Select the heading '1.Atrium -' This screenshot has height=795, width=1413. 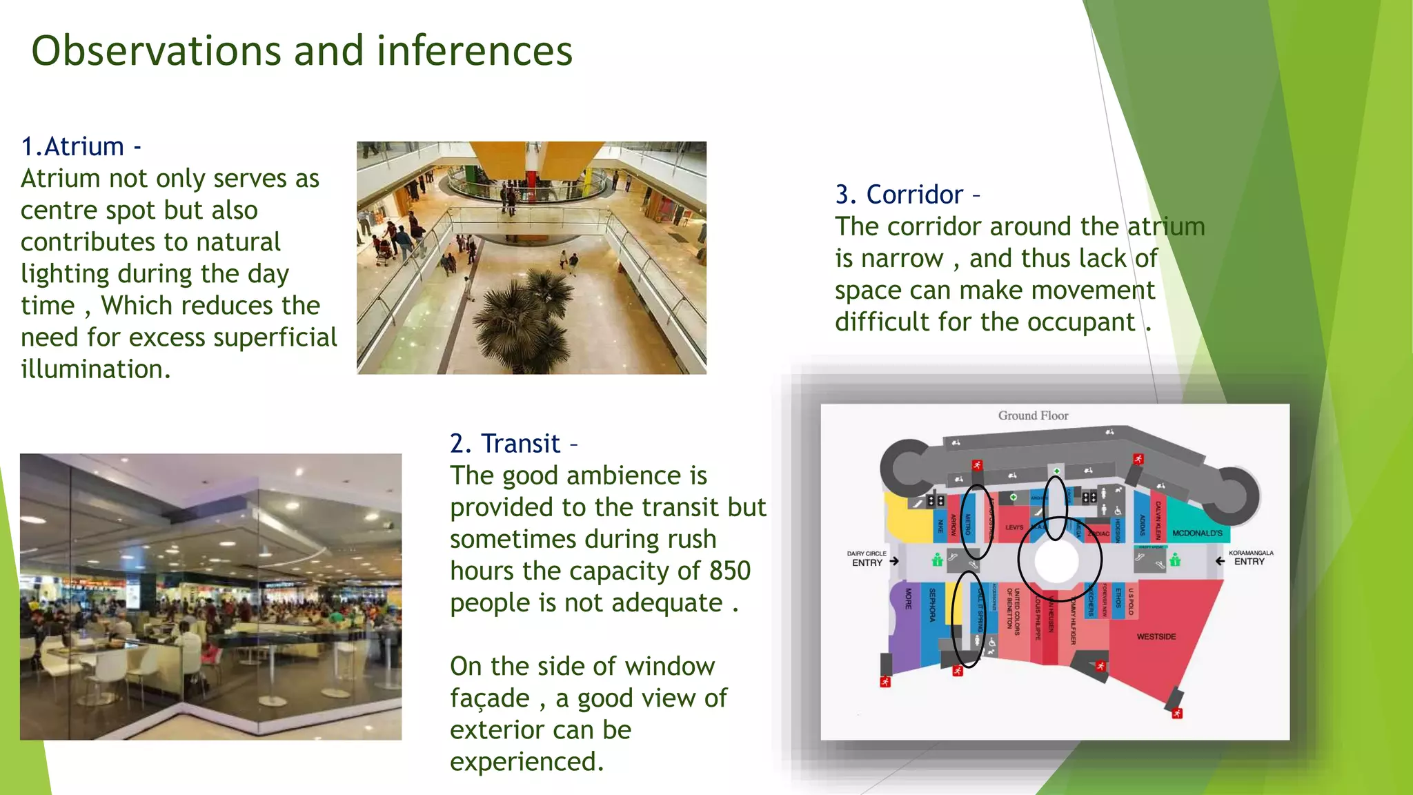(x=81, y=147)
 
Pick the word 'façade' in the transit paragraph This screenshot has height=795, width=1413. (x=489, y=698)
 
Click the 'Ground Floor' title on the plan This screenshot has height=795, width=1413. (x=1033, y=415)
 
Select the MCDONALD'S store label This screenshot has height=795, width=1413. (x=1197, y=533)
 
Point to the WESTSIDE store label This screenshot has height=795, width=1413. (x=1156, y=636)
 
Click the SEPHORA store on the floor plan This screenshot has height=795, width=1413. (x=932, y=605)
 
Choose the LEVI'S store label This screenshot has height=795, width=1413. (x=1014, y=527)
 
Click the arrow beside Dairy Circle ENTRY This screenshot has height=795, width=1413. (x=894, y=561)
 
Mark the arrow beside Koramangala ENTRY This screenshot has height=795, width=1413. (x=1220, y=561)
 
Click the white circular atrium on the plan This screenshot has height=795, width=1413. (x=1056, y=561)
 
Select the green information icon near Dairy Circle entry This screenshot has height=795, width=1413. (x=937, y=560)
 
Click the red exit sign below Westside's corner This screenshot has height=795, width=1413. (x=1177, y=713)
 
